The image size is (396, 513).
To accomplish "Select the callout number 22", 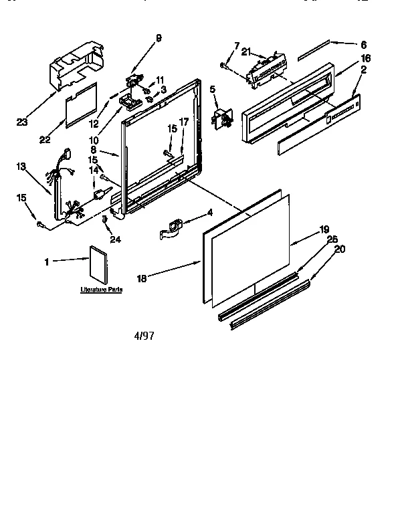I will tap(45, 139).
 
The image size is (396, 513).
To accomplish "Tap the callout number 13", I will tap(21, 167).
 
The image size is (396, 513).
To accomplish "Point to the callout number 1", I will tap(46, 262).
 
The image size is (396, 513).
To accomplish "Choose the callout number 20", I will tap(340, 249).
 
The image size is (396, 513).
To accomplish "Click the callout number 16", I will tap(365, 59).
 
